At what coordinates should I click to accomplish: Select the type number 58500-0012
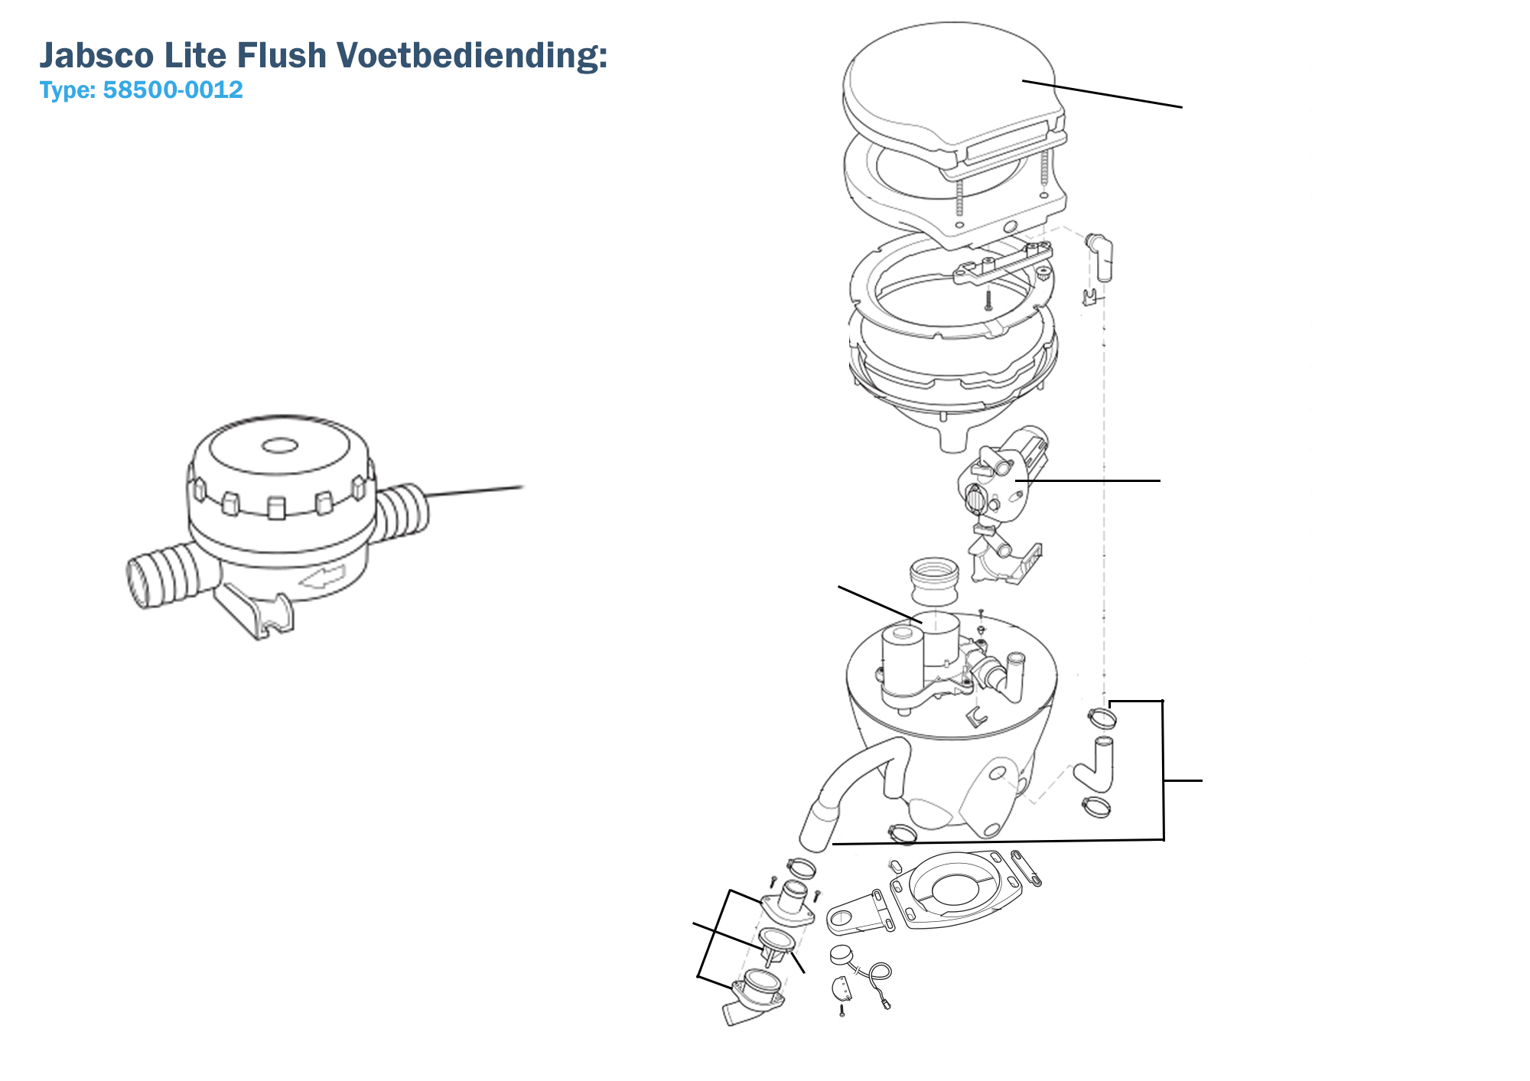(x=173, y=90)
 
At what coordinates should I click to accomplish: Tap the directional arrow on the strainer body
(x=323, y=576)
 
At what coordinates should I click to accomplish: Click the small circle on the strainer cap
(x=279, y=445)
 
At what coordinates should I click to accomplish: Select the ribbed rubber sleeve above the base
(x=934, y=581)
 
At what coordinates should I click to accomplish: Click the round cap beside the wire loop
(x=841, y=954)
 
